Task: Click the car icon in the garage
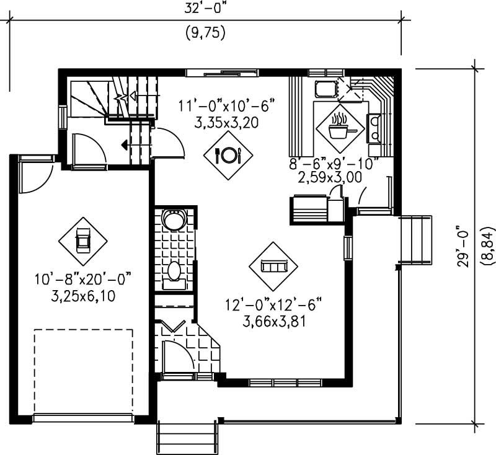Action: (x=82, y=241)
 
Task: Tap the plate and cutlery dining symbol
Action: (x=228, y=155)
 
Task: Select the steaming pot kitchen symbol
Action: (x=339, y=128)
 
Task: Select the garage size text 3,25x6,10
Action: (x=83, y=296)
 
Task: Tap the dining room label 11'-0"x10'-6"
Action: (x=226, y=104)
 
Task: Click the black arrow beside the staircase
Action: (x=125, y=146)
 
